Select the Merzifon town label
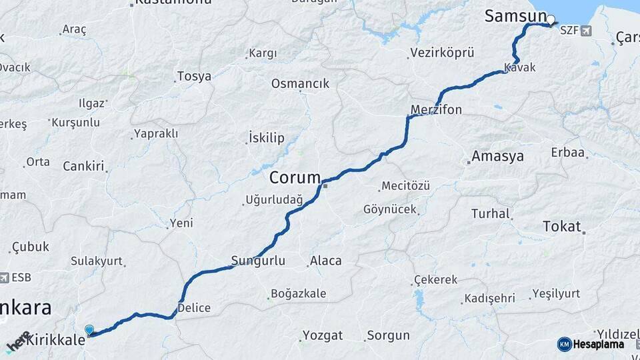pyautogui.click(x=437, y=109)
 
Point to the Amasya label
pyautogui.click(x=497, y=157)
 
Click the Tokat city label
pyautogui.click(x=562, y=225)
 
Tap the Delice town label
pyautogui.click(x=194, y=308)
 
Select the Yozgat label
pyautogui.click(x=323, y=335)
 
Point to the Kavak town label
pyautogui.click(x=520, y=68)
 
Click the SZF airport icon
pyautogui.click(x=585, y=30)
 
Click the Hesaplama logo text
pyautogui.click(x=599, y=344)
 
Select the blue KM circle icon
pyautogui.click(x=564, y=344)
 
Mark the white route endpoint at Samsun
pyautogui.click(x=551, y=19)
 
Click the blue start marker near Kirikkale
pyautogui.click(x=89, y=329)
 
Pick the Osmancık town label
pyautogui.click(x=300, y=83)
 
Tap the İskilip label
pyautogui.click(x=266, y=138)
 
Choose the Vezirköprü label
pyautogui.click(x=442, y=52)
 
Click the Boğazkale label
pyautogui.click(x=298, y=293)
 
